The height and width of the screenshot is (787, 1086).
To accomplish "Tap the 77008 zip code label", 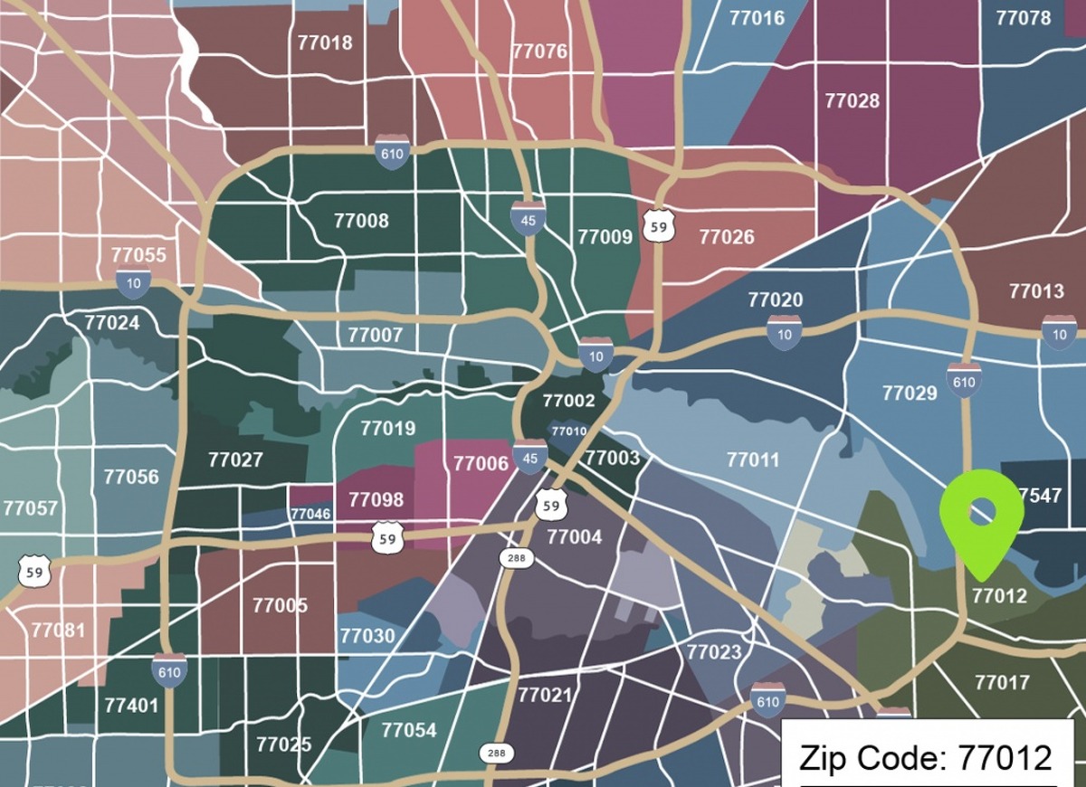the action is point(361,221).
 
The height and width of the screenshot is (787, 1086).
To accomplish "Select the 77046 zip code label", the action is point(310,514).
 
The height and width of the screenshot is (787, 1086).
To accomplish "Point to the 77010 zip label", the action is point(568,431).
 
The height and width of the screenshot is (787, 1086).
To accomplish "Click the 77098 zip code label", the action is point(376,499).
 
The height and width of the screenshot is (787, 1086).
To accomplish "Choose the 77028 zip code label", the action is point(852,100).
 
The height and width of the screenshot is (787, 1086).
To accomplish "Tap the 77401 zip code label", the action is point(131,705).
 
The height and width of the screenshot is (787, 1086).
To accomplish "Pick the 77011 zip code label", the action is point(752,460).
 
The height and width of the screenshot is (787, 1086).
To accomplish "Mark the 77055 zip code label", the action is point(138,255).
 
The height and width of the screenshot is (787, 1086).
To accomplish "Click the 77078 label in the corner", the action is point(1023,18).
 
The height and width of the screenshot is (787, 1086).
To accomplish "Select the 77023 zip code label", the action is point(713,652).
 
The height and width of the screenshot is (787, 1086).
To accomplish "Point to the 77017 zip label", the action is point(1002,682).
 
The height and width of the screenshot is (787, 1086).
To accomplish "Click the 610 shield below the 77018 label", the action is point(392,151).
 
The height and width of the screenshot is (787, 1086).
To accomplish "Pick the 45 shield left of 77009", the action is point(528,218).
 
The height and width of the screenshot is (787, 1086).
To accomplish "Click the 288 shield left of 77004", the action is point(516,558).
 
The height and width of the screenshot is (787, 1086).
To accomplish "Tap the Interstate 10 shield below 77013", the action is point(1058,332).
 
